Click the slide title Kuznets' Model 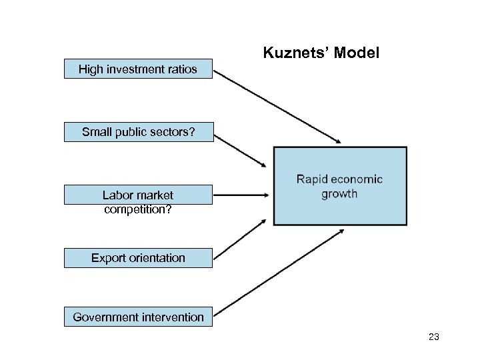pyautogui.click(x=321, y=53)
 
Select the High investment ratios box pyautogui.click(x=138, y=69)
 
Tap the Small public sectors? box pyautogui.click(x=138, y=132)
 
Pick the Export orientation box pyautogui.click(x=138, y=258)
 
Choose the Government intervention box pyautogui.click(x=138, y=317)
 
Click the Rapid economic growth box pyautogui.click(x=339, y=187)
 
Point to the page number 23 pyautogui.click(x=433, y=337)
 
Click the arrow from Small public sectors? pyautogui.click(x=241, y=150)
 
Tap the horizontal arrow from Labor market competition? pyautogui.click(x=240, y=195)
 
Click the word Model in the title pyautogui.click(x=357, y=53)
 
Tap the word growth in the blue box pyautogui.click(x=339, y=194)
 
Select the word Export pyautogui.click(x=109, y=258)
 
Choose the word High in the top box pyautogui.click(x=91, y=69)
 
